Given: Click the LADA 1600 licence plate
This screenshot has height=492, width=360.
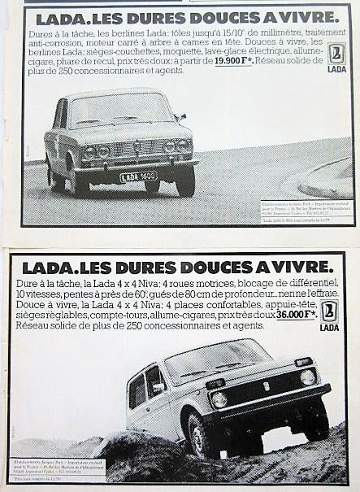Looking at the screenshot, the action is pos(137,176).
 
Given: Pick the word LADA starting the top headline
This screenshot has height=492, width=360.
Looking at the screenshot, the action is pos(59,16).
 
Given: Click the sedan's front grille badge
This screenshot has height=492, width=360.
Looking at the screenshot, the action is pos(137,147).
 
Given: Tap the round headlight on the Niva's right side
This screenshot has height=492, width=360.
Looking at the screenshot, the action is pos(308,377).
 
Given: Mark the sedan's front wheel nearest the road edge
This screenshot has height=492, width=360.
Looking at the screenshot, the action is pos(185,182).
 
